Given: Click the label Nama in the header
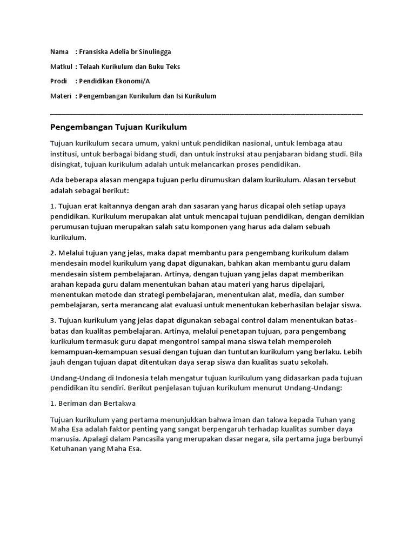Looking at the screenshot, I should click(59, 52).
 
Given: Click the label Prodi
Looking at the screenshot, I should click(59, 81).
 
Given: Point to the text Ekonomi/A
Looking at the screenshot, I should click(132, 81).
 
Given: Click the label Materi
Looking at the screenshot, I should click(60, 96).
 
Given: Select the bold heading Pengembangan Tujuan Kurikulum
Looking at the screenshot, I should click(118, 127).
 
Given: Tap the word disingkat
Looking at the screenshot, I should click(69, 164).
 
